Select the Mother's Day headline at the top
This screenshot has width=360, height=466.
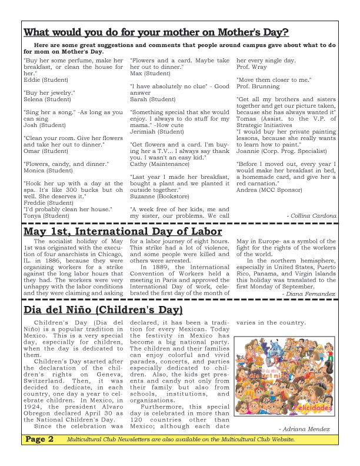(156, 32)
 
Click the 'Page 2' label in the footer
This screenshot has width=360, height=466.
(41, 455)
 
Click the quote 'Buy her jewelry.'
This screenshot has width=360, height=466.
(49, 93)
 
